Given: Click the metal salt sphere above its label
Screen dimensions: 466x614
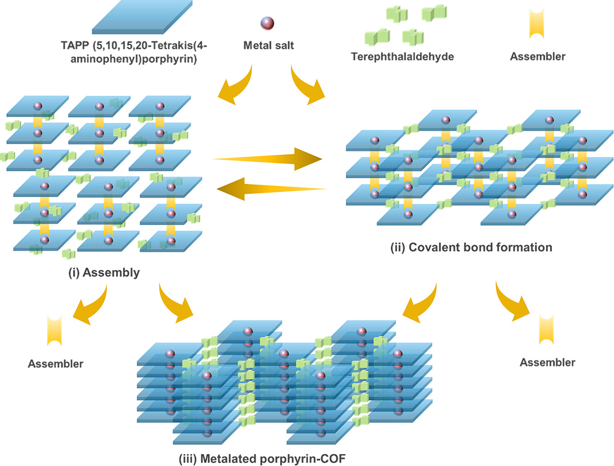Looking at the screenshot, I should [267, 23].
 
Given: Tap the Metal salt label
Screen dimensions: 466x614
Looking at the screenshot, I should [269, 45].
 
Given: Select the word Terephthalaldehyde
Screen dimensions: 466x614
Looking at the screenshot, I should [402, 57].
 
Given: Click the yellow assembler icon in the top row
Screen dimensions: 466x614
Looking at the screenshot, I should [537, 23].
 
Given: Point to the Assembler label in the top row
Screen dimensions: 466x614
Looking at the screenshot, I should [538, 57].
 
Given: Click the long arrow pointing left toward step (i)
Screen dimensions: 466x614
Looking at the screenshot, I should [272, 189].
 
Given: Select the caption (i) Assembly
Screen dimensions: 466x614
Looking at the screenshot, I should [104, 273].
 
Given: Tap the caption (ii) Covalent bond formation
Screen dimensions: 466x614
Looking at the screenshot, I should [471, 247].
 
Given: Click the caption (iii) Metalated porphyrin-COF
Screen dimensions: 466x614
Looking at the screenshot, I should [262, 459].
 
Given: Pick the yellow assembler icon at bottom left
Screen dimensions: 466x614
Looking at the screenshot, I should [54, 330].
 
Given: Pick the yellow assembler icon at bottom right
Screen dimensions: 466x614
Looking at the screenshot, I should [546, 329].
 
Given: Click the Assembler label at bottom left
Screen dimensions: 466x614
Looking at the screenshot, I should [56, 364].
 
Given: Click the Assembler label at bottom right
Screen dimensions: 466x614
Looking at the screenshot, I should [547, 362].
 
